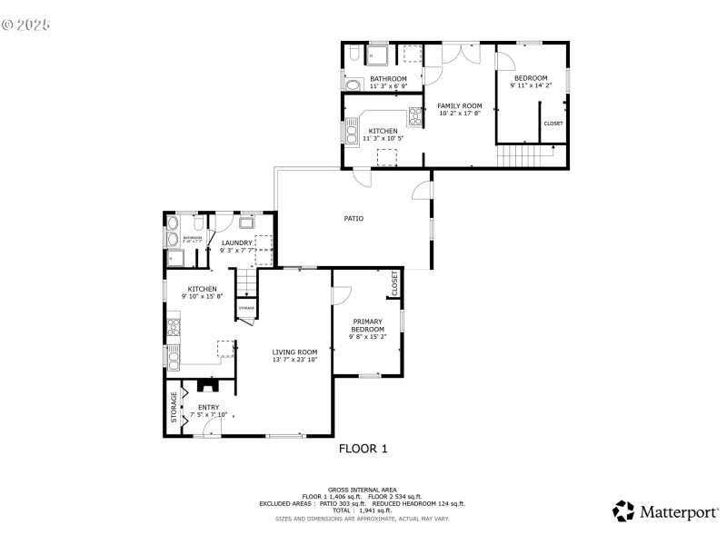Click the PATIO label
354,218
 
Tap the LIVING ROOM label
294,352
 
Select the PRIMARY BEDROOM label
368,325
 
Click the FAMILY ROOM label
460,106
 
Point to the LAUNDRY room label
236,243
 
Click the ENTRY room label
208,407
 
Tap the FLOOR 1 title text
363,448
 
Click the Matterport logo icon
623,511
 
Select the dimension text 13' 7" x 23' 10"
294,360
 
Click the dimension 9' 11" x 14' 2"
531,87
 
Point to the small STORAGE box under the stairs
246,309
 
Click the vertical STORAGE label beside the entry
174,407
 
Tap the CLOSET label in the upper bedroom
553,124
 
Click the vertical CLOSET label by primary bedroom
394,282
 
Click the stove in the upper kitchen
415,114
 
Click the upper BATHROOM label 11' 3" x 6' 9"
388,79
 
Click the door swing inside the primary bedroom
342,296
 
